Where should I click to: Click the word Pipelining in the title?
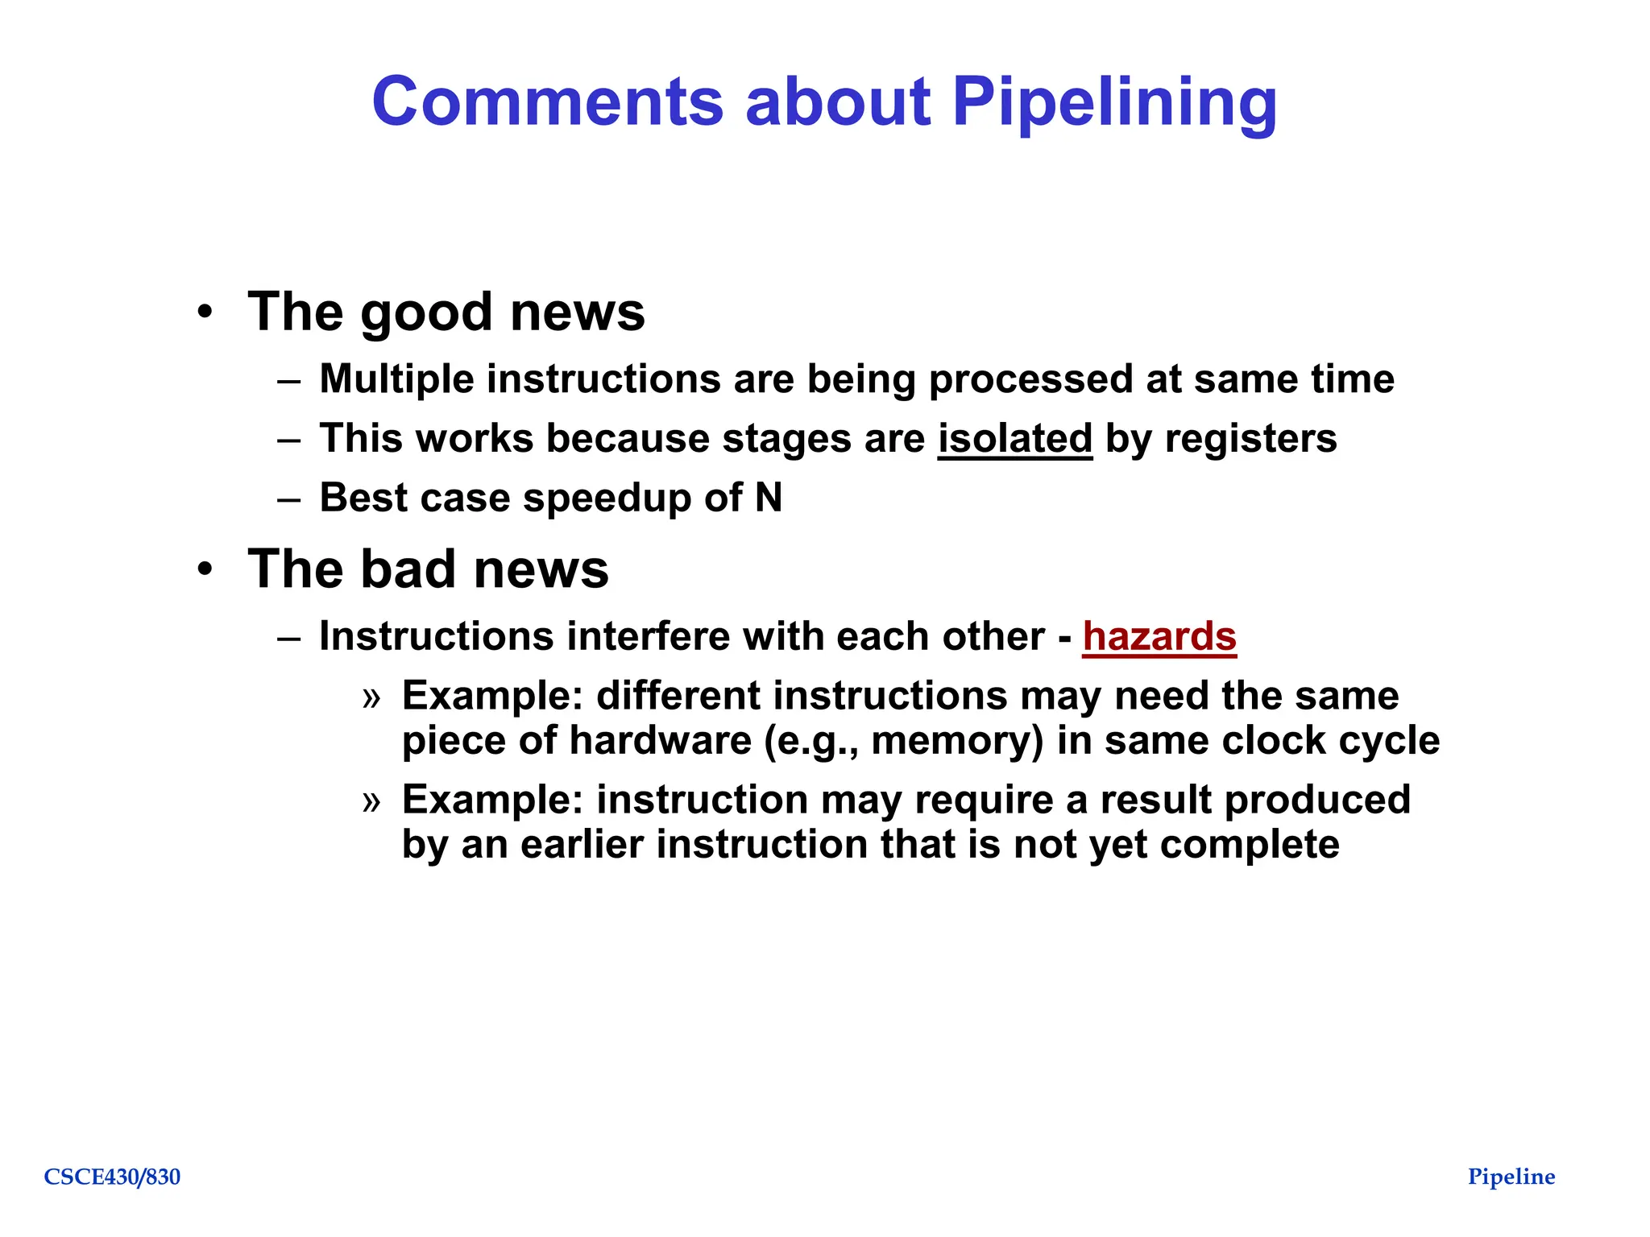pos(1114,102)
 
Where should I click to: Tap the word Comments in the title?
pos(548,102)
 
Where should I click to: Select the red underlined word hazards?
pos(1159,636)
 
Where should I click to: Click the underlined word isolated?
pos(1014,439)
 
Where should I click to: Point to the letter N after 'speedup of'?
pos(769,498)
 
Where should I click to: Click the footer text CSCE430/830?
pos(112,1177)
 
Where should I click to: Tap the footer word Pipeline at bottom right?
pos(1511,1177)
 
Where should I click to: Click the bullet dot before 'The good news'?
pos(205,312)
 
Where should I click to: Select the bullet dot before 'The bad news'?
pos(205,569)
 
